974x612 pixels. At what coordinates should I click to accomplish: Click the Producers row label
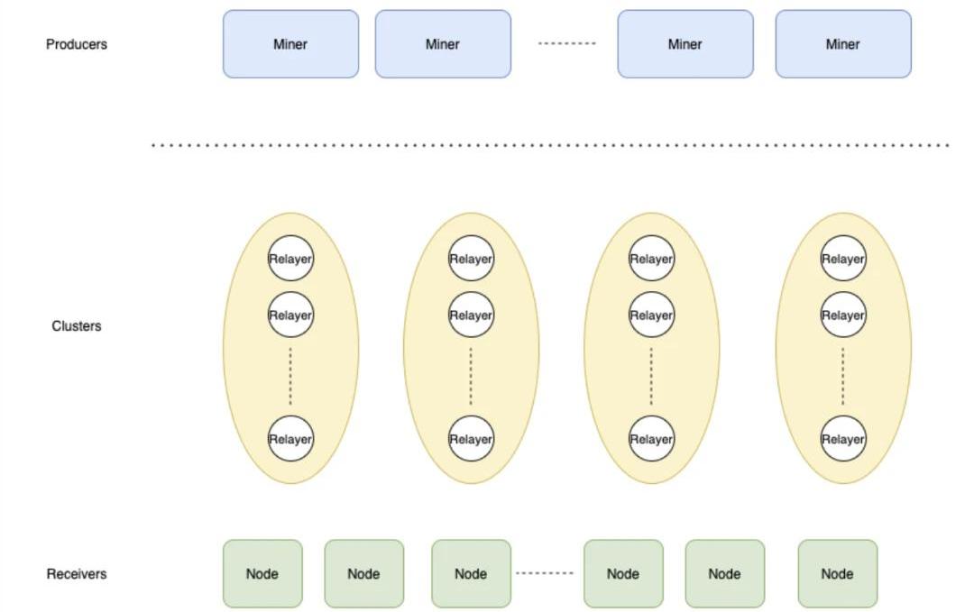[77, 44]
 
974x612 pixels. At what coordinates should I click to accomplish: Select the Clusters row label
[77, 326]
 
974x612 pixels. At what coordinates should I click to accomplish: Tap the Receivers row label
[77, 574]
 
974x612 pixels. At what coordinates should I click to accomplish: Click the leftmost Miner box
[290, 44]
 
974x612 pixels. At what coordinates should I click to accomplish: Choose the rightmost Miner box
[843, 44]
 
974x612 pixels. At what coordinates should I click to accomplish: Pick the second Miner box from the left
[443, 44]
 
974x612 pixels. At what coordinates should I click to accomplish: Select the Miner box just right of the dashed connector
[685, 44]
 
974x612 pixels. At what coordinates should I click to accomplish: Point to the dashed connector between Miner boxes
[567, 44]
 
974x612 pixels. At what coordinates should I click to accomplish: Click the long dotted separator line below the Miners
[550, 145]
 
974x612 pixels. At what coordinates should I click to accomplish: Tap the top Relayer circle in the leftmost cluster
[290, 259]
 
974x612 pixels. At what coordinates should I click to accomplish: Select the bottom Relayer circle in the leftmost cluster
[290, 439]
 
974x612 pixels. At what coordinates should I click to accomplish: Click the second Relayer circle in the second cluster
[471, 315]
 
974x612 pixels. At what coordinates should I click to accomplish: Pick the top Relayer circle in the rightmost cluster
[843, 259]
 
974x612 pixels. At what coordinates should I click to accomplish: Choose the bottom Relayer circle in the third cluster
[651, 439]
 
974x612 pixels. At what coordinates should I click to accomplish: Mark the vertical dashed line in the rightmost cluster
[843, 377]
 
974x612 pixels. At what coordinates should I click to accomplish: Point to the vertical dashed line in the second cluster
[471, 377]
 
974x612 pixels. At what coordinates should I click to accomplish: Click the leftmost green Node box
[262, 574]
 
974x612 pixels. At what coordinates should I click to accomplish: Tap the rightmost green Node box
[837, 574]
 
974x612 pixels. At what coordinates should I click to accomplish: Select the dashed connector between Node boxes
[545, 573]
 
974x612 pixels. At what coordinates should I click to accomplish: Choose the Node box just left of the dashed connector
[471, 574]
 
